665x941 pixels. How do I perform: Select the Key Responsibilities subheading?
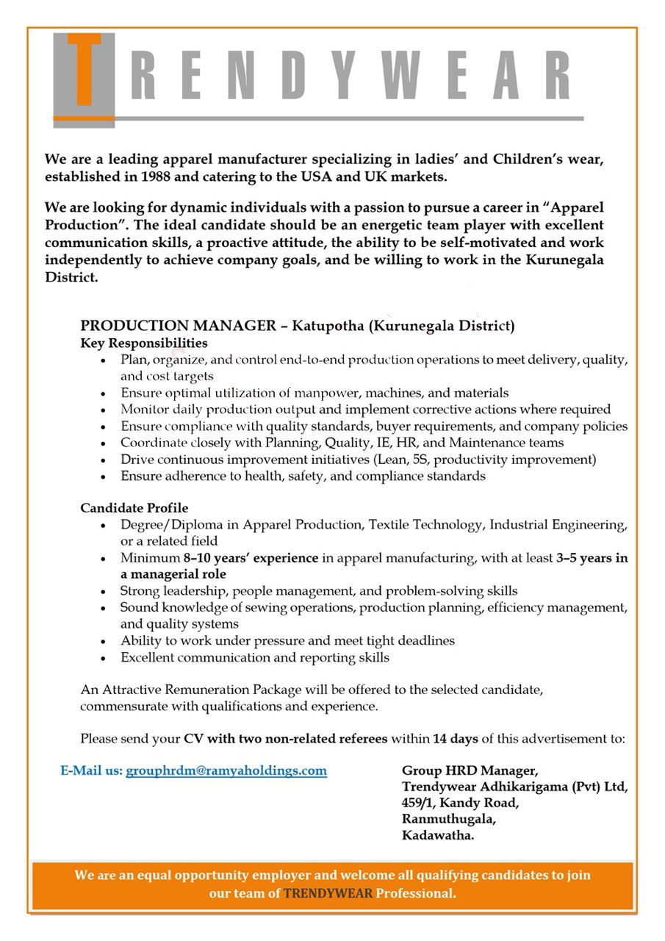click(x=144, y=343)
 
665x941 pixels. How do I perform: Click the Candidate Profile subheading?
click(x=134, y=508)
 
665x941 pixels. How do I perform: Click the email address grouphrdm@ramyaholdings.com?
click(x=226, y=771)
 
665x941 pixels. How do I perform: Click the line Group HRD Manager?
click(x=470, y=770)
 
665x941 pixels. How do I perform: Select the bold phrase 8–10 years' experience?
click(x=251, y=558)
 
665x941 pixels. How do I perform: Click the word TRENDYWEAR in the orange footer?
click(x=328, y=894)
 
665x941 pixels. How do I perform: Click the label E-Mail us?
click(x=91, y=771)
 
